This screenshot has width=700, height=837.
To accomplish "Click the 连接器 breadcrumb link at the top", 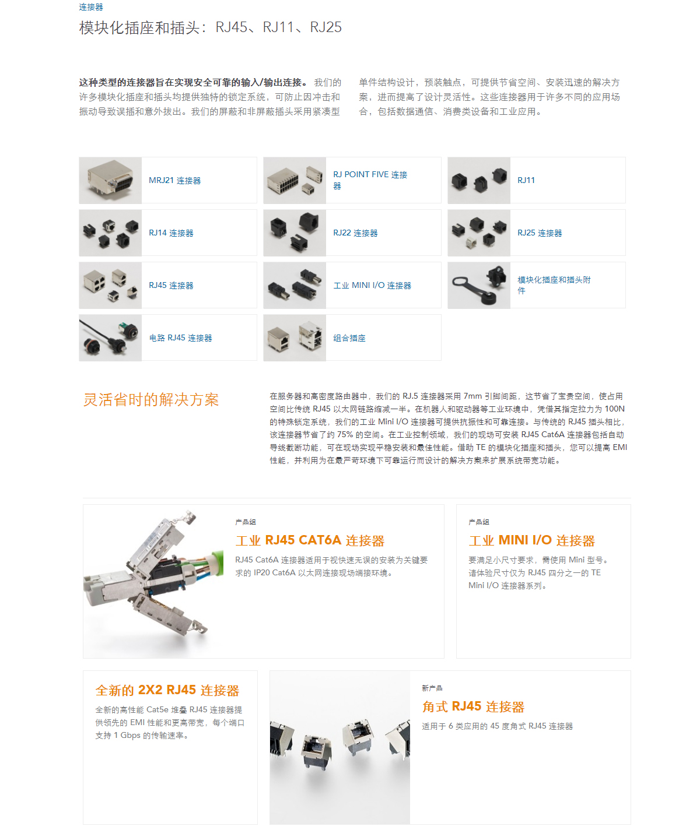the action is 90,7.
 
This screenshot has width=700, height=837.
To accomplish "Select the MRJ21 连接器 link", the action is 174,180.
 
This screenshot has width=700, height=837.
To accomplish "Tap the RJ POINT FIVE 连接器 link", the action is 370,180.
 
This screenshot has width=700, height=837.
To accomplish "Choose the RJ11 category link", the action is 526,180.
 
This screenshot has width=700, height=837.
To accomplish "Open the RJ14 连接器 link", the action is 171,233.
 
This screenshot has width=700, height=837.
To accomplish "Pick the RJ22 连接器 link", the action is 355,233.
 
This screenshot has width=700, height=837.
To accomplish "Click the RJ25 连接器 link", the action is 540,233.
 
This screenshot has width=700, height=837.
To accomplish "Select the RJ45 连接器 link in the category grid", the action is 171,286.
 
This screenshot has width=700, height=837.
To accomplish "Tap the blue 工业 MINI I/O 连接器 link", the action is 372,286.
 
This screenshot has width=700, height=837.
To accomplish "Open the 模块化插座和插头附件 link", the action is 554,285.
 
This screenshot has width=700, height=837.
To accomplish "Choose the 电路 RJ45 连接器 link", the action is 180,338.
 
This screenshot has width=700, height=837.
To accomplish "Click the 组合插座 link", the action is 349,338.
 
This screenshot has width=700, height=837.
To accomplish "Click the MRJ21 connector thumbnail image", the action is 110,180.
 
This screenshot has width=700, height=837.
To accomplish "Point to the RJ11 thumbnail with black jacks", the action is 479,180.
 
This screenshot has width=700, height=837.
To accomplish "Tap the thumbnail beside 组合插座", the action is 295,338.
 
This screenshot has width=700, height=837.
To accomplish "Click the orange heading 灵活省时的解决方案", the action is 151,400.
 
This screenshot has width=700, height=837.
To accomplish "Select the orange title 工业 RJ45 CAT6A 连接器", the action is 310,540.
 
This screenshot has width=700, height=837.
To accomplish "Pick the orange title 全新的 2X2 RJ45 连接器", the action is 167,690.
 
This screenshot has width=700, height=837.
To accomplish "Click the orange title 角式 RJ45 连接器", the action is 473,706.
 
